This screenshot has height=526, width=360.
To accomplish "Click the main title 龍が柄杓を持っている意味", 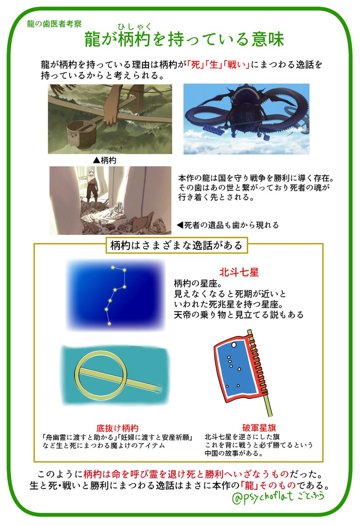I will click(184, 40).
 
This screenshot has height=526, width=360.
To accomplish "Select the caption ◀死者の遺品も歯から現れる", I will click(227, 225).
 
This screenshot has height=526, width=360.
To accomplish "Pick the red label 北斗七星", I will click(239, 271).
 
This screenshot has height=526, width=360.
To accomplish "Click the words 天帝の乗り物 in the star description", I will click(201, 315).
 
